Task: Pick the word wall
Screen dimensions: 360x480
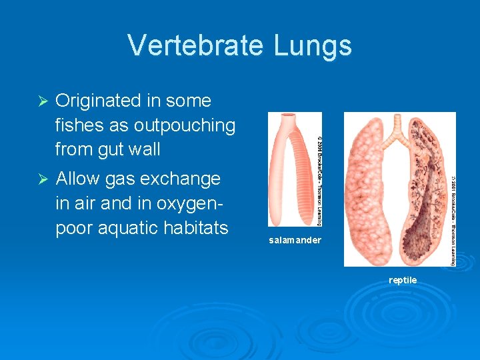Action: [x=147, y=149]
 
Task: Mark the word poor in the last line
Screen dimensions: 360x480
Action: [x=73, y=228]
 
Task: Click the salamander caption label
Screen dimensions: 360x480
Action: [x=295, y=240]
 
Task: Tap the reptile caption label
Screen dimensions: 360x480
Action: [x=403, y=280]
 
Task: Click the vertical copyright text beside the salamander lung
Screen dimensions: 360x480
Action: [x=319, y=170]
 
